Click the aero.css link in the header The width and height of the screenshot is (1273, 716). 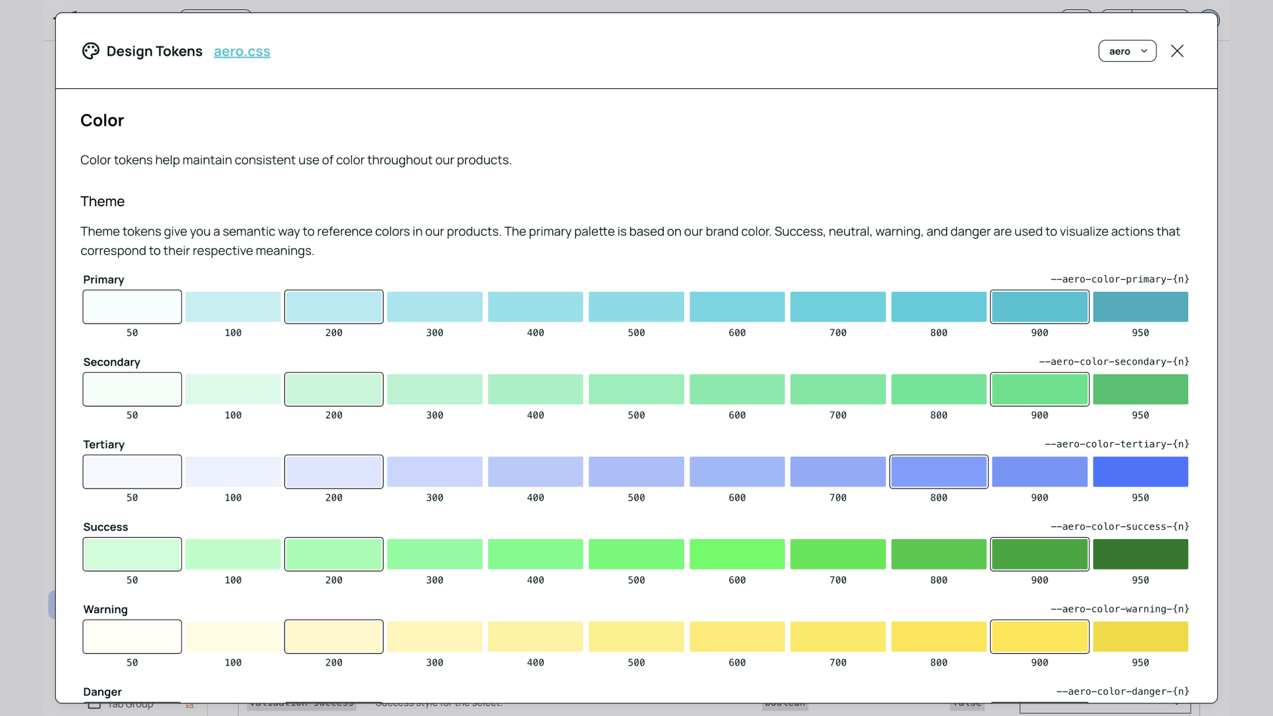[242, 52]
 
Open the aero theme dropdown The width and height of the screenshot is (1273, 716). [1127, 51]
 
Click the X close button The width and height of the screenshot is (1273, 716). [1177, 51]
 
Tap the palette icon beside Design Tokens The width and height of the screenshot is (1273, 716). [91, 51]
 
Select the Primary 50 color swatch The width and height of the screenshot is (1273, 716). [132, 307]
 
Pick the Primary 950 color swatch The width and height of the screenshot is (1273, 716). [1140, 307]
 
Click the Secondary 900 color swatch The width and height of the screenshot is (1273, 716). [1040, 389]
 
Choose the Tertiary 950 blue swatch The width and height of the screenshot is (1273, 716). [1140, 471]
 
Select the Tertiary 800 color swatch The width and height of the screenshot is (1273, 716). [939, 471]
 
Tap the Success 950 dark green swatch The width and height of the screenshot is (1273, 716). [1140, 554]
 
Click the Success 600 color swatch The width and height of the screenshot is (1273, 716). [737, 554]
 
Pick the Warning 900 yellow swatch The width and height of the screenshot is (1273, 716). [1040, 636]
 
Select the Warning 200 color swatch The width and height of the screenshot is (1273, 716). [333, 636]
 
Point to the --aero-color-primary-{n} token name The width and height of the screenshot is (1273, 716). [1120, 279]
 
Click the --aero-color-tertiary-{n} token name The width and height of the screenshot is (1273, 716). [1117, 444]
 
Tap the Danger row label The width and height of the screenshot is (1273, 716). [102, 692]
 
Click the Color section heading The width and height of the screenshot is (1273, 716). [102, 121]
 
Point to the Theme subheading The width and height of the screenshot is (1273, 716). [102, 202]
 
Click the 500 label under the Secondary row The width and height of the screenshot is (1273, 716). [636, 415]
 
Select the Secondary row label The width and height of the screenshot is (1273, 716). [111, 362]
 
